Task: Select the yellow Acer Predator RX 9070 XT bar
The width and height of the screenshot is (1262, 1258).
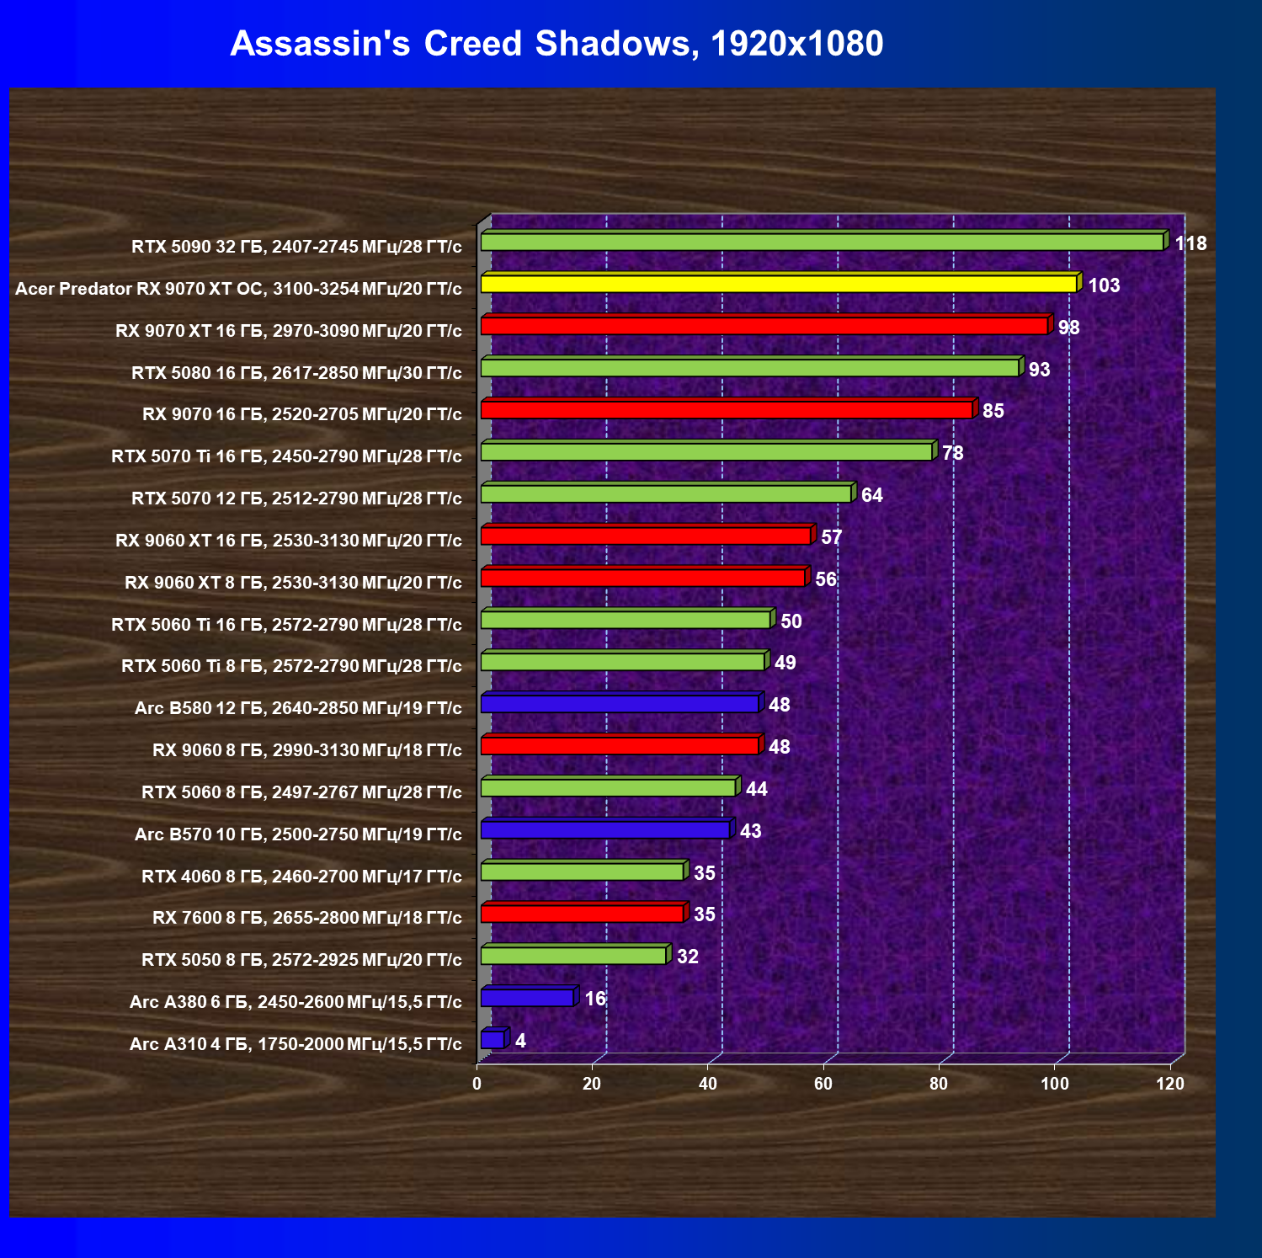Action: click(x=780, y=282)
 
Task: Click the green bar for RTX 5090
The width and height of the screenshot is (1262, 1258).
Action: click(x=823, y=240)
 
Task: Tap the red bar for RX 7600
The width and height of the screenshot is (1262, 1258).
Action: click(x=583, y=912)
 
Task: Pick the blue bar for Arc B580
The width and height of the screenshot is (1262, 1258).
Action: click(x=621, y=702)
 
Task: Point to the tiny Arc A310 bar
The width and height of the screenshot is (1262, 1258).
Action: click(x=494, y=1038)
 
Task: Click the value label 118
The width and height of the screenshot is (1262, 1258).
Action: click(x=1190, y=243)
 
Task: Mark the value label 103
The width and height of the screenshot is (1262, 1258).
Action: click(x=1104, y=285)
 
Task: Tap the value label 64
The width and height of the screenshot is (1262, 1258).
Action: click(x=871, y=495)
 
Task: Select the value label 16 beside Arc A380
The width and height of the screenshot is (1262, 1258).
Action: click(x=595, y=999)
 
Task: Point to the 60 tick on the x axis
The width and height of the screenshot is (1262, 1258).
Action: click(x=823, y=1084)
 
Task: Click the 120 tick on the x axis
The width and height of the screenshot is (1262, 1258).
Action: click(x=1170, y=1084)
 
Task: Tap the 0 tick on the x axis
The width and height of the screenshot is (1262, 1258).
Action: click(x=477, y=1084)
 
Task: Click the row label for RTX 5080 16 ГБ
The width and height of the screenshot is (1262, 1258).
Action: click(x=296, y=372)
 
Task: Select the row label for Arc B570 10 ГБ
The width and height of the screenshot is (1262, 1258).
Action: click(x=298, y=834)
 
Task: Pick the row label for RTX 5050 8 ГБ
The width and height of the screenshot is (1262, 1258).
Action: click(x=301, y=960)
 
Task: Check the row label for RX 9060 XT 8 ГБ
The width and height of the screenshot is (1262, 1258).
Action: click(x=293, y=583)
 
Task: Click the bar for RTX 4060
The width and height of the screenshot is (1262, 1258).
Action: click(x=583, y=870)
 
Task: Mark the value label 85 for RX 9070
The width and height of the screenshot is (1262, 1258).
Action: click(x=993, y=411)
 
